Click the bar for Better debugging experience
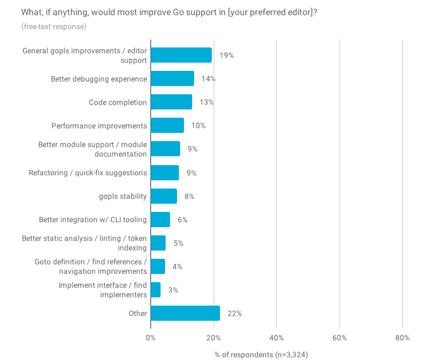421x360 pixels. [x=172, y=78]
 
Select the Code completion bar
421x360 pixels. [x=171, y=102]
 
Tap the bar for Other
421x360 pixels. [x=185, y=313]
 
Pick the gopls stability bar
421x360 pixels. [x=164, y=196]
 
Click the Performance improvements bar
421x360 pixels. [x=167, y=125]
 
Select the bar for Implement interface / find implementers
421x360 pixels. [x=156, y=290]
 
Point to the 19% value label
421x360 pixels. [x=226, y=56]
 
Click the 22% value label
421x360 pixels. [x=235, y=313]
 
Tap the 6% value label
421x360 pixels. [x=182, y=220]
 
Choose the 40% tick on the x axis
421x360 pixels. [x=276, y=338]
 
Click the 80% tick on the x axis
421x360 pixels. [x=402, y=338]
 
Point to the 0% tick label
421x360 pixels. [x=150, y=338]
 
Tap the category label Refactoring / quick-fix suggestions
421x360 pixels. [x=88, y=173]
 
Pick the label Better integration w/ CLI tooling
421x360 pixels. [x=93, y=220]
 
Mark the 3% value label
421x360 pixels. [x=173, y=290]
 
